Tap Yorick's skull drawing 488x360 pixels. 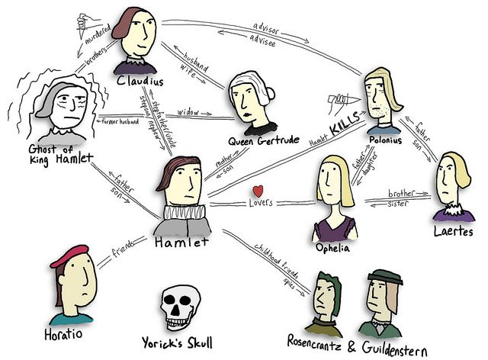[181, 308]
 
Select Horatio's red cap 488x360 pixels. [73, 256]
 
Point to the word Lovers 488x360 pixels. [259, 204]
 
